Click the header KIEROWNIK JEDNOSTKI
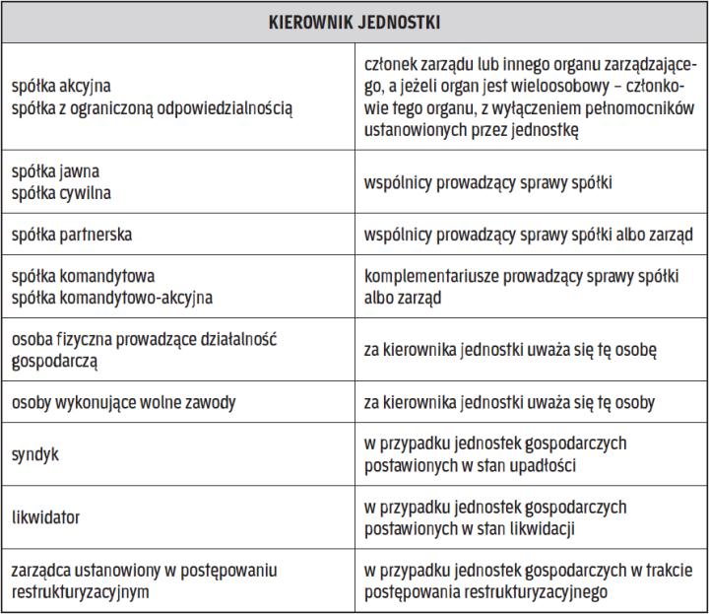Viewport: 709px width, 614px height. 354,21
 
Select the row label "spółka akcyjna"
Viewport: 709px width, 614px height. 58,86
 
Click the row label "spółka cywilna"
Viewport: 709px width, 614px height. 60,192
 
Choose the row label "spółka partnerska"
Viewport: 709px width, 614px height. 72,237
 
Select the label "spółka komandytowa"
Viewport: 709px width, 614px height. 84,275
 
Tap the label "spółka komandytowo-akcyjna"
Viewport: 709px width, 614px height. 110,295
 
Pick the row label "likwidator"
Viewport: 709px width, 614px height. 44,517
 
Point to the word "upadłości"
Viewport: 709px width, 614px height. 554,464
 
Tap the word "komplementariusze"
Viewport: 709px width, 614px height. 431,275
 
